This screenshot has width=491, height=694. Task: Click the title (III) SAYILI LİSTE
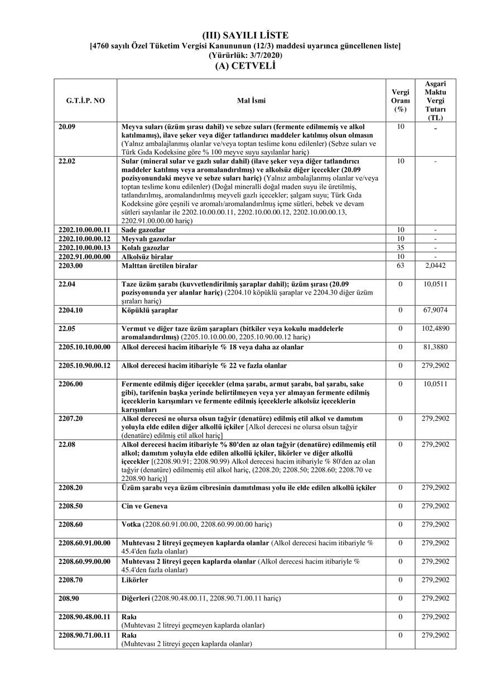point(245,36)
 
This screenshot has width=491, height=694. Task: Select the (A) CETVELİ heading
point(245,65)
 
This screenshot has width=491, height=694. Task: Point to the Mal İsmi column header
point(251,101)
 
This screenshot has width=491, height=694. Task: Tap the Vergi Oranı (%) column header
point(400,101)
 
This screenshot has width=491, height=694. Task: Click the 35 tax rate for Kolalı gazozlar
point(400,248)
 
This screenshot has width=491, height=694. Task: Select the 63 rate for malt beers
point(400,266)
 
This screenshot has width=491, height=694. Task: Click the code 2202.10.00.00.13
point(84,248)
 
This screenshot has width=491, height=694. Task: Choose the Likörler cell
point(134,580)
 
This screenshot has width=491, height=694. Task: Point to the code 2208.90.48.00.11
point(84,616)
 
